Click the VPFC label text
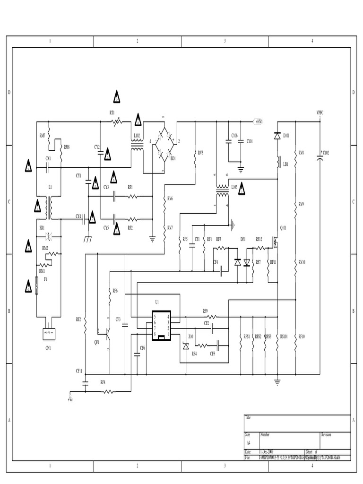pyautogui.click(x=320, y=112)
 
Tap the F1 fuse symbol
pyautogui.click(x=37, y=286)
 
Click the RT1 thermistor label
pyautogui.click(x=112, y=112)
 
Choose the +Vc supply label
pyautogui.click(x=70, y=399)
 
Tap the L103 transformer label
pyautogui.click(x=234, y=188)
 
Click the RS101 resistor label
pyautogui.click(x=284, y=337)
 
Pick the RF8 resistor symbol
pyautogui.click(x=108, y=391)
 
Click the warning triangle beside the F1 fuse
pyautogui.click(x=28, y=285)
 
